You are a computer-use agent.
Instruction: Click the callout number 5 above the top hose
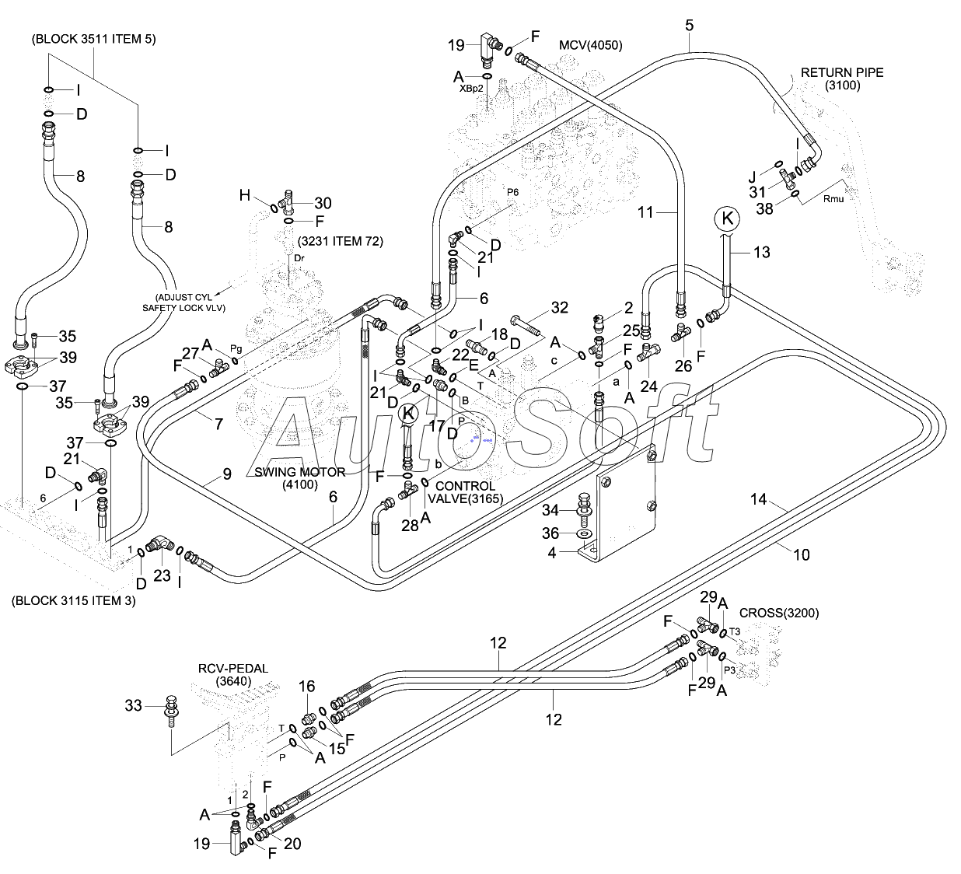(689, 26)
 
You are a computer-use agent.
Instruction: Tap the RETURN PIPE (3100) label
(842, 79)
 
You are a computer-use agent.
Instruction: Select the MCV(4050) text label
(591, 46)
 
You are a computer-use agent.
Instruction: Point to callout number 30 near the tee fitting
(323, 203)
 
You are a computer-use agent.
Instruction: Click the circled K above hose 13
(727, 219)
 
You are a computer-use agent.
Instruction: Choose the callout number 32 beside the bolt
(560, 308)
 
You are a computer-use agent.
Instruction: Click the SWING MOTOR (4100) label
(300, 478)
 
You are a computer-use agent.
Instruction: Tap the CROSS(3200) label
(779, 613)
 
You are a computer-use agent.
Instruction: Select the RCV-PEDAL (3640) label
(233, 675)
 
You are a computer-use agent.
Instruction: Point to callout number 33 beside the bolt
(133, 705)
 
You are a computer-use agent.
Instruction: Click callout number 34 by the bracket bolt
(550, 510)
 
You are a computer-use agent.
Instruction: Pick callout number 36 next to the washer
(550, 533)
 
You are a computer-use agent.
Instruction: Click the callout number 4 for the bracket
(552, 553)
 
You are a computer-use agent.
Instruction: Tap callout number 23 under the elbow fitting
(162, 575)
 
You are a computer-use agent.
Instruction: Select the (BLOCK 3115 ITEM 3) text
(74, 601)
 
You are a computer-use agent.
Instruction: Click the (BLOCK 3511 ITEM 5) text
(94, 40)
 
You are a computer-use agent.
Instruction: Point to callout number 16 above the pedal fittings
(306, 687)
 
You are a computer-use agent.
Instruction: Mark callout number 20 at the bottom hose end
(292, 844)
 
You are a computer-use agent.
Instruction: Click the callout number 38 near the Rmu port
(764, 209)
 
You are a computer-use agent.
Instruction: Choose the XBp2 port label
(471, 89)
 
